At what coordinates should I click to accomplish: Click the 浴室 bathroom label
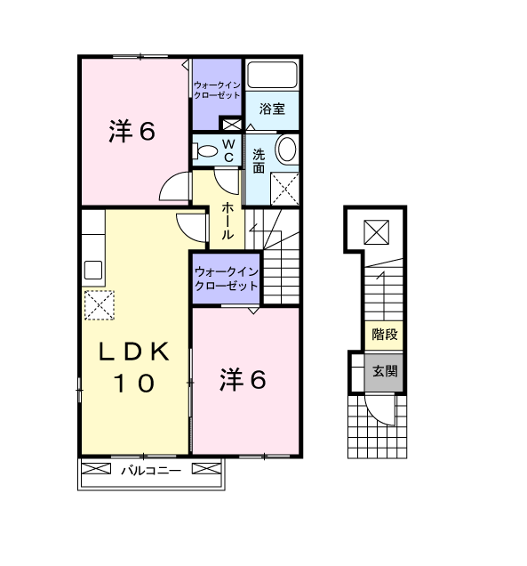tap(272, 109)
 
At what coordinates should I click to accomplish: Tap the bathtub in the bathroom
tap(272, 75)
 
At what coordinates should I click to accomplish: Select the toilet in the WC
tap(204, 151)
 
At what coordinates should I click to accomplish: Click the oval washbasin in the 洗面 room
tap(287, 149)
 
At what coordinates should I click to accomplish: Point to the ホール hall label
tap(228, 221)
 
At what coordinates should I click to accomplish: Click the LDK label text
tap(134, 352)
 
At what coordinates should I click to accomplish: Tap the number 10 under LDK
tap(134, 383)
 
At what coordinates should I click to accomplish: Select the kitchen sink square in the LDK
tap(93, 270)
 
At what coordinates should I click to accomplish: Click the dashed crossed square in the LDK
tap(100, 305)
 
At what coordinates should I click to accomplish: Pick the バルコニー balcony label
tap(151, 471)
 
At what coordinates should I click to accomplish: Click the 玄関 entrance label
tap(385, 371)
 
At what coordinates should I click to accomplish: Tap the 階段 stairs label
tap(385, 335)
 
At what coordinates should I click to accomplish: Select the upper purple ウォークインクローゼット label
tap(217, 90)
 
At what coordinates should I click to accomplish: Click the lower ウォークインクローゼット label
tap(227, 279)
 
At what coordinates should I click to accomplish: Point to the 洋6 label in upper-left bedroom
tap(132, 132)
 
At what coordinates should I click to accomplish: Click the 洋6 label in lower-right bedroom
tap(243, 380)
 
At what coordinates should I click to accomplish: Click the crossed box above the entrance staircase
tap(376, 232)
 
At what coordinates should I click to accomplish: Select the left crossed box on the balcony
tap(96, 469)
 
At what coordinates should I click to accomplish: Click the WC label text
tap(229, 151)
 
